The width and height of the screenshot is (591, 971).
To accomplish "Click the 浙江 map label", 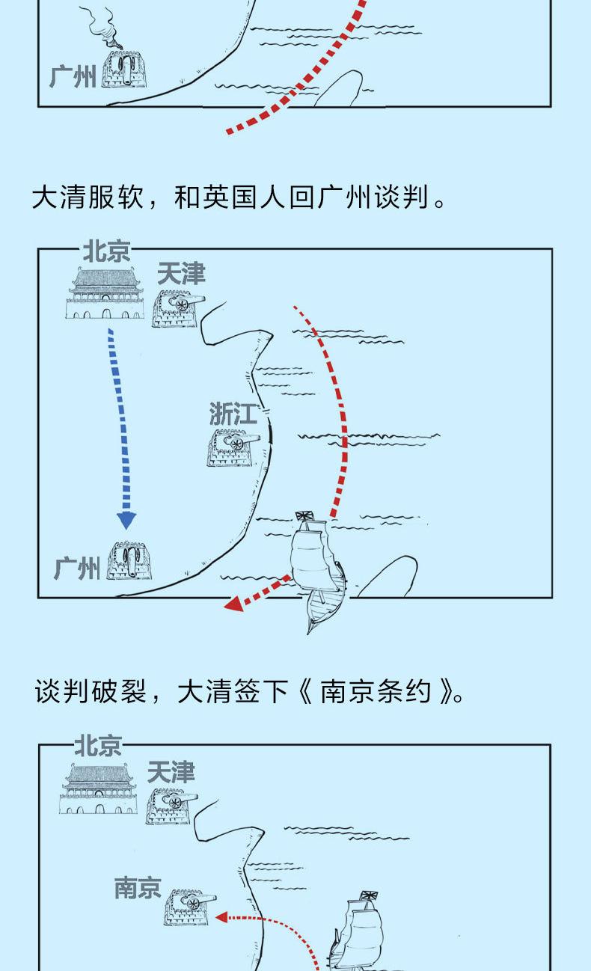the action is coord(233,413).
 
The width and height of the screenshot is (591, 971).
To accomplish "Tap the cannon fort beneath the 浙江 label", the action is coord(233,448).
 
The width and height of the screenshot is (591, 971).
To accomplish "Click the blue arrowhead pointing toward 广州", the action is coord(126,520).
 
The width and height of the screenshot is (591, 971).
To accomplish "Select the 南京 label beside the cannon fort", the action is coord(138,887).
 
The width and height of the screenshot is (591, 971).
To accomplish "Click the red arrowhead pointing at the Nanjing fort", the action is coord(221,917).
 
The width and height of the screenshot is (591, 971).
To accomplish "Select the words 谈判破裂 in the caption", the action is coord(91,691).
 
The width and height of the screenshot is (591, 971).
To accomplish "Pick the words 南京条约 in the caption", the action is coord(376,691).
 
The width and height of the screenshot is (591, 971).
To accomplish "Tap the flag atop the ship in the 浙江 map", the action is coord(305,515).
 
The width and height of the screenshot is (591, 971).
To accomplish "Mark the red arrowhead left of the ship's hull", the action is coord(233,604).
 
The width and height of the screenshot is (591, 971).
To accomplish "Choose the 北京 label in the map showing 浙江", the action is coord(107,251).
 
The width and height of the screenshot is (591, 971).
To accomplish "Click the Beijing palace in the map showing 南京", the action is coord(99,789).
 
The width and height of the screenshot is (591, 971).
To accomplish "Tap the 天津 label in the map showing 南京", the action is coord(171,773).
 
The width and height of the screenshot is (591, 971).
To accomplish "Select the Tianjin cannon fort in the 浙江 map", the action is coord(178,309).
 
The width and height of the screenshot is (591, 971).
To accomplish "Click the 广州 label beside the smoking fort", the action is coord(73,77).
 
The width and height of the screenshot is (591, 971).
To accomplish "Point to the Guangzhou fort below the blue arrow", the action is coord(129,560).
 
